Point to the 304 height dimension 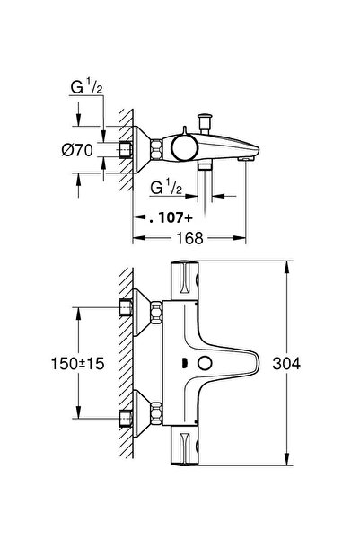tap(309, 363)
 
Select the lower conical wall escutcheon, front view tap(144, 415)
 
